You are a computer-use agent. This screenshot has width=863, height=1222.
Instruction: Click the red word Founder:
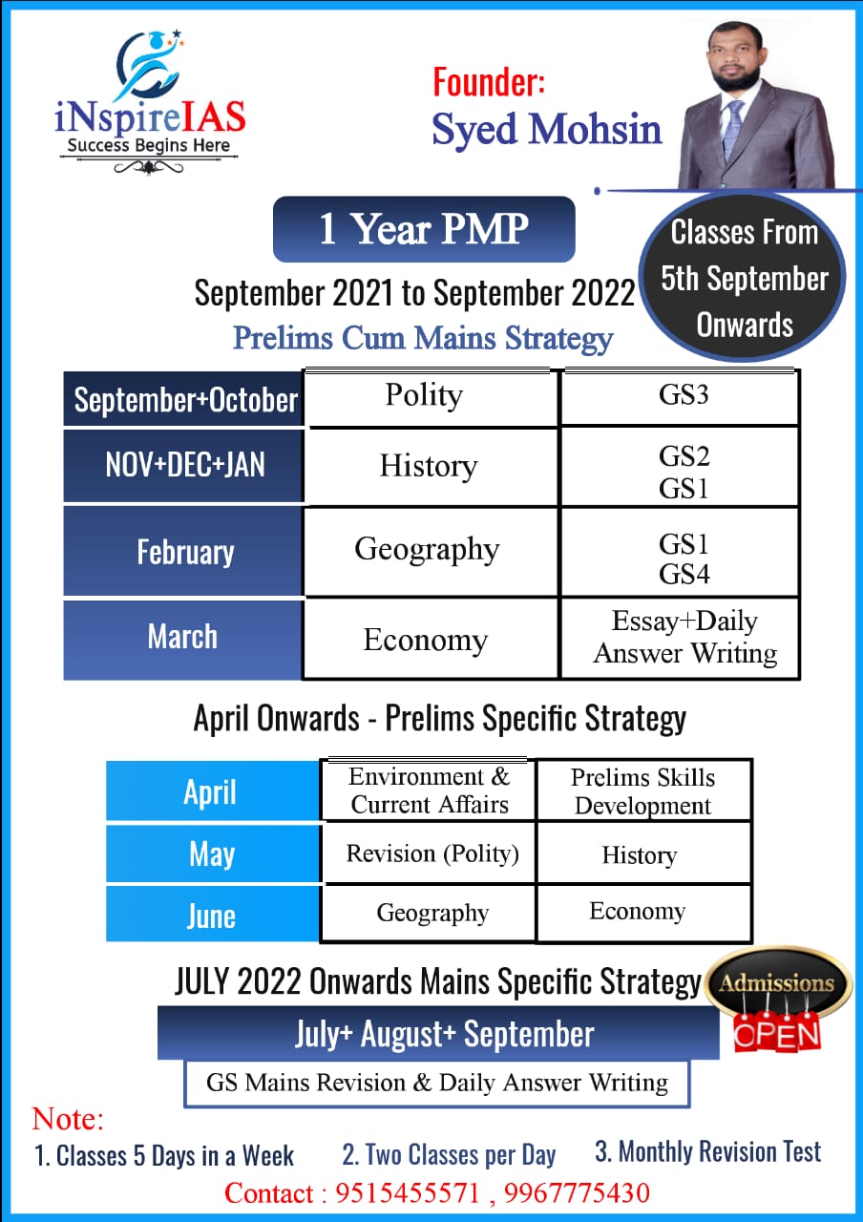489,82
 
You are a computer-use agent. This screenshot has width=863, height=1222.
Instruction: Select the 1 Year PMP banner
424,229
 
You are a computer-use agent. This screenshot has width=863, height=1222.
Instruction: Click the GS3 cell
681,397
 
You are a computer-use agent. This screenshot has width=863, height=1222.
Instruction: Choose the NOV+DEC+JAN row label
183,465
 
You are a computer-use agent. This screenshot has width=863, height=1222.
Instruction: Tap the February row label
183,551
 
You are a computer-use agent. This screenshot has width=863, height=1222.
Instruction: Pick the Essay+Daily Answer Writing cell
681,639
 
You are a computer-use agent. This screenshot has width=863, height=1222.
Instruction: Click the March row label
183,640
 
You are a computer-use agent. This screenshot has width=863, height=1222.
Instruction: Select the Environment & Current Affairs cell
429,790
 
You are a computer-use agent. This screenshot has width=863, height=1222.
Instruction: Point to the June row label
212,915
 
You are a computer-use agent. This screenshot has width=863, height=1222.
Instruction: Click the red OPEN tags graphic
777,1032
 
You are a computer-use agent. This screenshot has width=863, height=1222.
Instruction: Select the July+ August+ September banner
438,1033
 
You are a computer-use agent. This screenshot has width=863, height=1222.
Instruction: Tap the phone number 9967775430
577,1192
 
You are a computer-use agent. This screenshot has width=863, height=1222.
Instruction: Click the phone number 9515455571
407,1192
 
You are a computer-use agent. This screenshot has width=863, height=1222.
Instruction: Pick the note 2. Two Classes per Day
449,1154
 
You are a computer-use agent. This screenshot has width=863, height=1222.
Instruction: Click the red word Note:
68,1119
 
